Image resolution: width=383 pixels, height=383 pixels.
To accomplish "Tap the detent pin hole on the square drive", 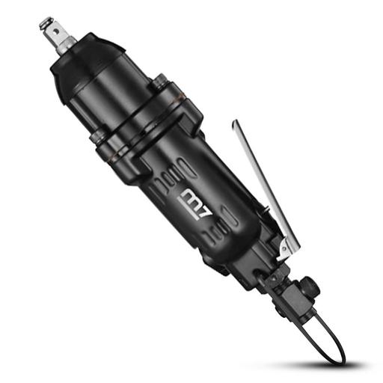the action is (x=57, y=31).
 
